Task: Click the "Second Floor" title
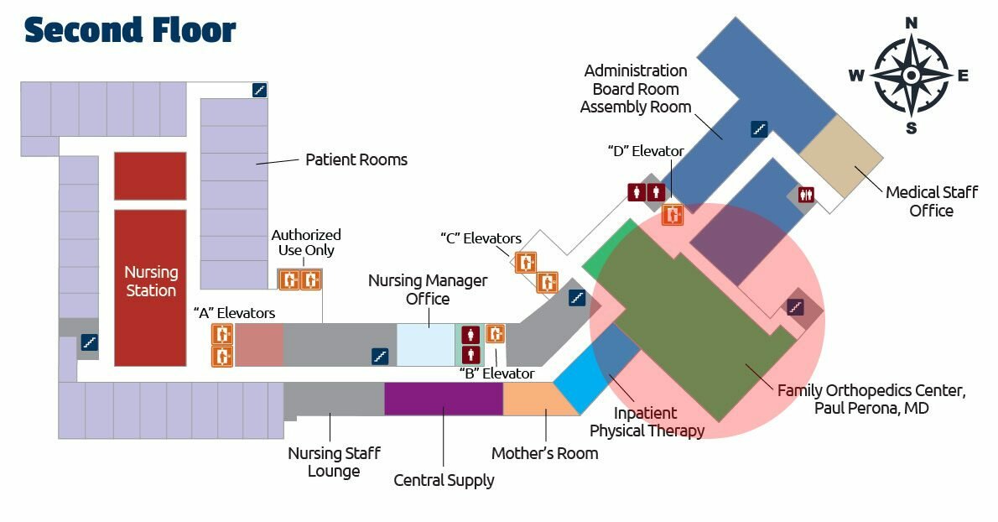(130, 30)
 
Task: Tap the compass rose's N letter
(912, 23)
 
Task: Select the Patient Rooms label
(356, 159)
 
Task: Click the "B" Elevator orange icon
(496, 334)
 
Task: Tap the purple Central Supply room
(443, 399)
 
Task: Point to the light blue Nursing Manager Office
(424, 344)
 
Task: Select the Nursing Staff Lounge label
(334, 462)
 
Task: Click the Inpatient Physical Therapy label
(646, 422)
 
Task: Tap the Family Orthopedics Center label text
(871, 399)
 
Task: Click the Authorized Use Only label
(305, 243)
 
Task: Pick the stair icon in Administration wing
(759, 129)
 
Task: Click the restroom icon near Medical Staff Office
(807, 194)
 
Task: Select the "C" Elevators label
(481, 238)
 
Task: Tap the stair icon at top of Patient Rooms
(259, 89)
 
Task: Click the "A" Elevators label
(234, 313)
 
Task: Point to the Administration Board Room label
(636, 89)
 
